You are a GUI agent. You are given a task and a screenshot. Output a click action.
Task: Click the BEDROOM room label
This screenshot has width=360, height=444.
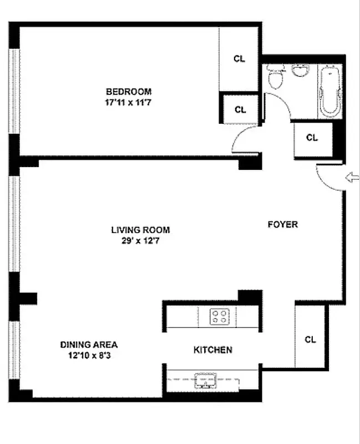point(129,92)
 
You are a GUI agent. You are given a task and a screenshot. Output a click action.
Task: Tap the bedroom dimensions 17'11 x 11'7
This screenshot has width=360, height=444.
point(129,102)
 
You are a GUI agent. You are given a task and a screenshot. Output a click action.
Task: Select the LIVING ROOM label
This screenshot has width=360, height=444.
point(140,230)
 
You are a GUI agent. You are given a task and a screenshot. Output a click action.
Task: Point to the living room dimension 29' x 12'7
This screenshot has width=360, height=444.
point(140,241)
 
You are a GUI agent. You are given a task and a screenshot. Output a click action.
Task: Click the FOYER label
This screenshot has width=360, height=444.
point(283,225)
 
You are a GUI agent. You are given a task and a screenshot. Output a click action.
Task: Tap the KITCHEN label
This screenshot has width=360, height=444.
point(212,350)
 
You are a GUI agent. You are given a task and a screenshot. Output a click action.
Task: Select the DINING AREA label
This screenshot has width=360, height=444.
point(89,344)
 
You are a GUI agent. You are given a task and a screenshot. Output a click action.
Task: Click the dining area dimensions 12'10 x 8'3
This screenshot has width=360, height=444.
point(89,355)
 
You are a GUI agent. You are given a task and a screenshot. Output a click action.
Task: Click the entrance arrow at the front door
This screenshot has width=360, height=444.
point(352,178)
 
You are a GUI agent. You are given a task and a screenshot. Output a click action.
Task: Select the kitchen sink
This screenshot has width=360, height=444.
point(205,382)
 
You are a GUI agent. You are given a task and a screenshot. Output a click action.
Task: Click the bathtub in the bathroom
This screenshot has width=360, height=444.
point(330,91)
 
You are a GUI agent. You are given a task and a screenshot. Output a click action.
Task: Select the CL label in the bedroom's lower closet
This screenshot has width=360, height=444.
point(240,110)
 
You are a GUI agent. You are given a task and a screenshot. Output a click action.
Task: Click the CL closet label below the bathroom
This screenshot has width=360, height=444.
point(312,138)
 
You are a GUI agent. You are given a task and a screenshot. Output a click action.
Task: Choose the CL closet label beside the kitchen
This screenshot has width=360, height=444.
point(311,340)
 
